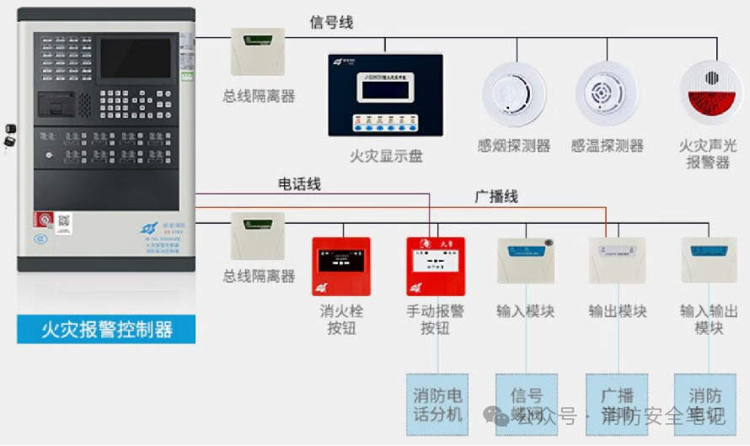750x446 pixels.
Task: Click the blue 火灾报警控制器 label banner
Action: (x=106, y=328)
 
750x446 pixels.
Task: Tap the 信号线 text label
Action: (x=331, y=23)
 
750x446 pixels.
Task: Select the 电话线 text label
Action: (x=299, y=183)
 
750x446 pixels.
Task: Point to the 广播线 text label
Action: (x=496, y=197)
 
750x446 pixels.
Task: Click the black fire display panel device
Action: (x=385, y=94)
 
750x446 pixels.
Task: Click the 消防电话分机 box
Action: (x=437, y=404)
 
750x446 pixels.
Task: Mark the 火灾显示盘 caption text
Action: (x=386, y=156)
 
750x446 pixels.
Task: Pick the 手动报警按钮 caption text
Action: (x=435, y=319)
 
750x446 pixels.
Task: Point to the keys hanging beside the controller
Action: (x=9, y=137)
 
